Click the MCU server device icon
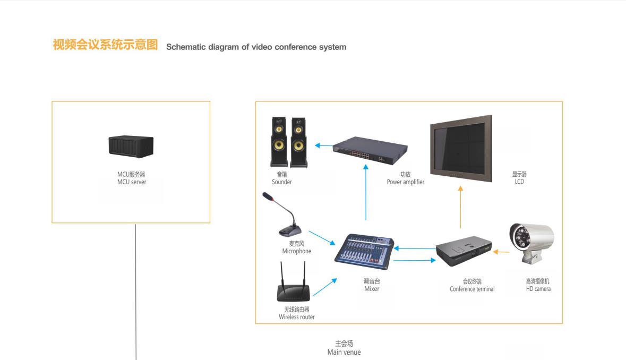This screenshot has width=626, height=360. pos(131,146)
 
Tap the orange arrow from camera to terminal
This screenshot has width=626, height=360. pos(500,252)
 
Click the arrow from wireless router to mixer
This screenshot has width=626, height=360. pos(324,287)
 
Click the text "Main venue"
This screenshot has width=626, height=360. pos(344,352)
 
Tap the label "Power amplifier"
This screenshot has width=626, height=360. pos(406,182)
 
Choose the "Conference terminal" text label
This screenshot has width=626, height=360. pos(472,289)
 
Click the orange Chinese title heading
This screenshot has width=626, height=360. pos(106,45)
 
